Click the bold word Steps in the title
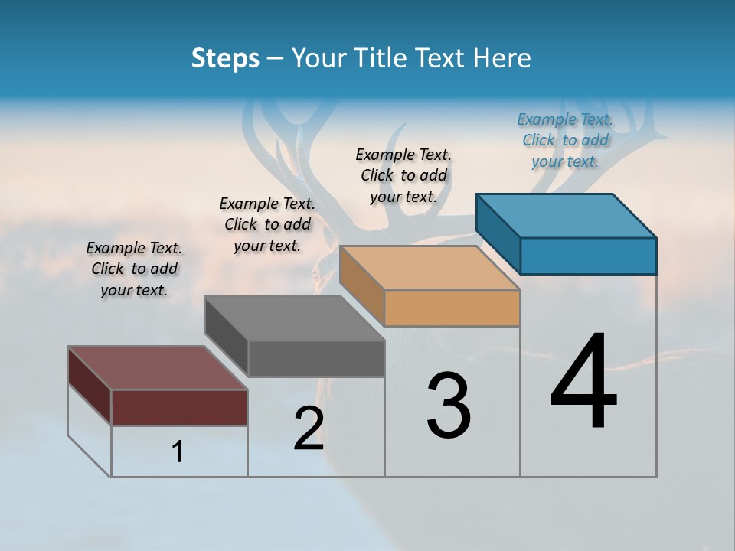[x=225, y=58]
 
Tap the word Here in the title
[x=504, y=58]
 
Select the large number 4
[x=584, y=383]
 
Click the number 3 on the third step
[x=449, y=406]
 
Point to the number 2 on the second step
[x=309, y=429]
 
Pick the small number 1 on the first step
[x=178, y=452]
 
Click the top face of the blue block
[x=567, y=215]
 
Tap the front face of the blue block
[x=588, y=256]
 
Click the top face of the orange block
[x=430, y=268]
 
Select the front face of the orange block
[x=452, y=308]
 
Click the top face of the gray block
[x=294, y=318]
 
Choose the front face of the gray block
[x=315, y=358]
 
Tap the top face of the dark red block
[x=158, y=368]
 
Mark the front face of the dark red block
[x=179, y=407]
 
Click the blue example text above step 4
[x=565, y=140]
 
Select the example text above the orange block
[x=403, y=175]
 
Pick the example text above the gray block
[x=267, y=224]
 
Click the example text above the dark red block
[x=134, y=269]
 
